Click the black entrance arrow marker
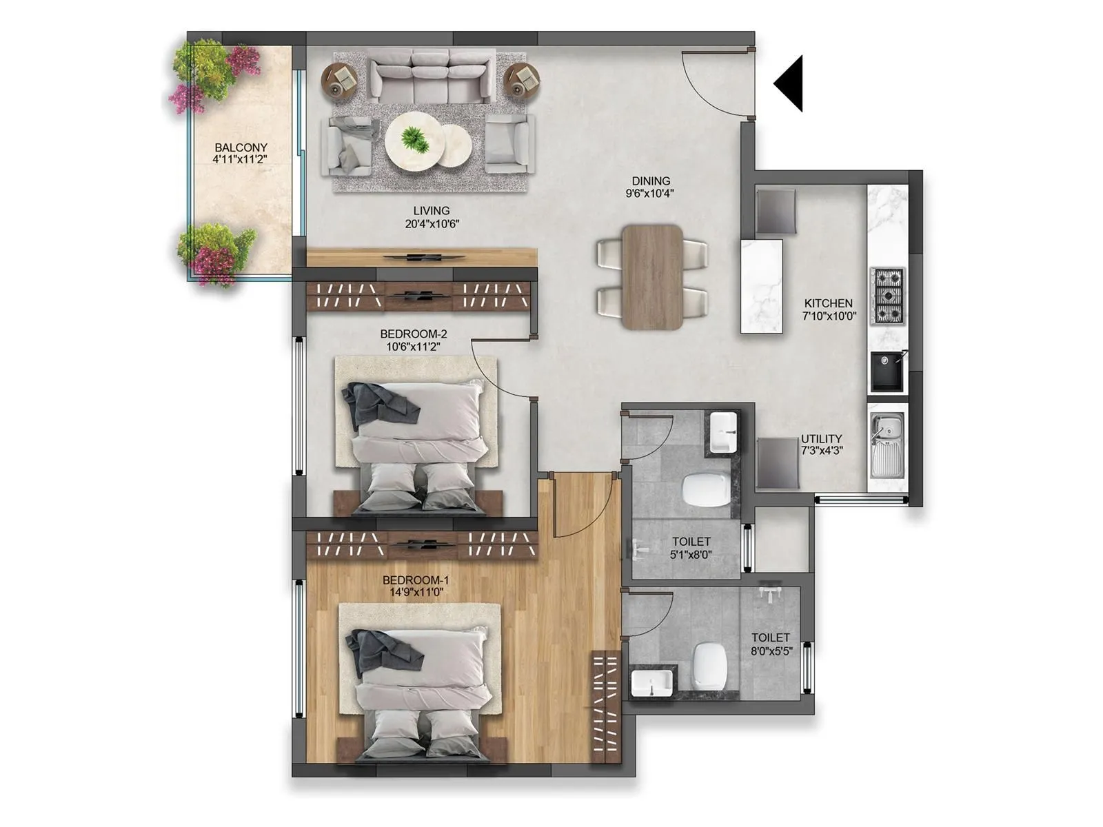[x=791, y=83]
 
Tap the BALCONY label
[x=241, y=147]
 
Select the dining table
[x=652, y=276]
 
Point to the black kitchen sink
[x=888, y=372]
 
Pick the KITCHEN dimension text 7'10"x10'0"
[x=829, y=316]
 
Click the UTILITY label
[x=821, y=438]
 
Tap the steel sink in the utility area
[x=887, y=445]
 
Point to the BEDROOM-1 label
[x=416, y=580]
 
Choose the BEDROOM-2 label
[x=414, y=334]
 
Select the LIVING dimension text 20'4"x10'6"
[x=432, y=224]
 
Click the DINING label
[x=651, y=181]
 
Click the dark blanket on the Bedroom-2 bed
[x=376, y=405]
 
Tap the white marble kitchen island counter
[x=762, y=286]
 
